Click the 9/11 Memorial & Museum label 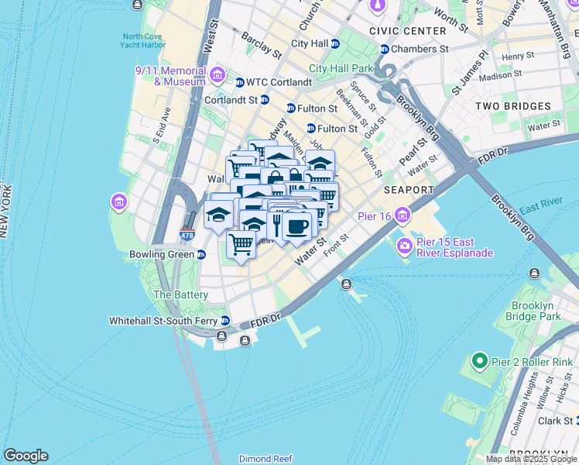pos(170,75)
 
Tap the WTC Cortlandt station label pos(272,82)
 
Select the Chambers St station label pos(420,48)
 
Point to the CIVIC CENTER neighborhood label pos(408,31)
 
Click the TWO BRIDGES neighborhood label pos(512,106)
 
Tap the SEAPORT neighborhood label pos(409,190)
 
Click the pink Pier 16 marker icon pos(403,215)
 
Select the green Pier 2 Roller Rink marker pos(479,361)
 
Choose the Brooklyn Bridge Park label pos(543,311)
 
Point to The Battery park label pos(180,294)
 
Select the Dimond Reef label pos(266,459)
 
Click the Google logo pos(26,456)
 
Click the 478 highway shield pos(186,235)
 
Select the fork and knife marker pos(276,224)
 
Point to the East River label pos(540,202)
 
